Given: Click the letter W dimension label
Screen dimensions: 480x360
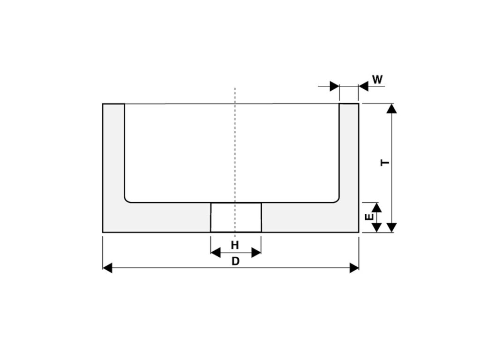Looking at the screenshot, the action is (x=377, y=79).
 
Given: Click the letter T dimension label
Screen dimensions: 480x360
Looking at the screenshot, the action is (x=385, y=162).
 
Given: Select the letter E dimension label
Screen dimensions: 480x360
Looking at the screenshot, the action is (x=369, y=217).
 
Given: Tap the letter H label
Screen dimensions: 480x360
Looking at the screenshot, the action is (x=235, y=245).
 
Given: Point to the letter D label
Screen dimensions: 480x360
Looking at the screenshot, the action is (x=235, y=262).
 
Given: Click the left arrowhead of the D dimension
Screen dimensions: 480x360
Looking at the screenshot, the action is (x=107, y=268).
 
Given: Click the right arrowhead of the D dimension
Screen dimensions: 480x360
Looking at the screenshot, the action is (x=354, y=268).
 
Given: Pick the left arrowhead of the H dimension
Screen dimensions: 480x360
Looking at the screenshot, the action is (x=215, y=253).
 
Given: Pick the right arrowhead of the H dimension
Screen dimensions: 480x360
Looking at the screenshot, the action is (x=256, y=253).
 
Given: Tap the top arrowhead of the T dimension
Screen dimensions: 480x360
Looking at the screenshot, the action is (x=392, y=109).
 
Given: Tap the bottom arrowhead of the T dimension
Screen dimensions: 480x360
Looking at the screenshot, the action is (x=392, y=227).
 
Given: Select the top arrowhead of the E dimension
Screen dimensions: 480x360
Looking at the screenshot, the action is (x=376, y=207).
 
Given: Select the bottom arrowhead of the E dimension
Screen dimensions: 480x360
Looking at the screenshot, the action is (x=376, y=227).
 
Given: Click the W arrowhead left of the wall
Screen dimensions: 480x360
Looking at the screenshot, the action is (x=334, y=86).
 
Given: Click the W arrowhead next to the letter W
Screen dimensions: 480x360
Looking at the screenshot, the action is (x=363, y=86).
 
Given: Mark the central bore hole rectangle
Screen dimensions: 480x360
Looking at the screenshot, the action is (x=236, y=217).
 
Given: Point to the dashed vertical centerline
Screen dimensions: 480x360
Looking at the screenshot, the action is (x=235, y=141).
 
